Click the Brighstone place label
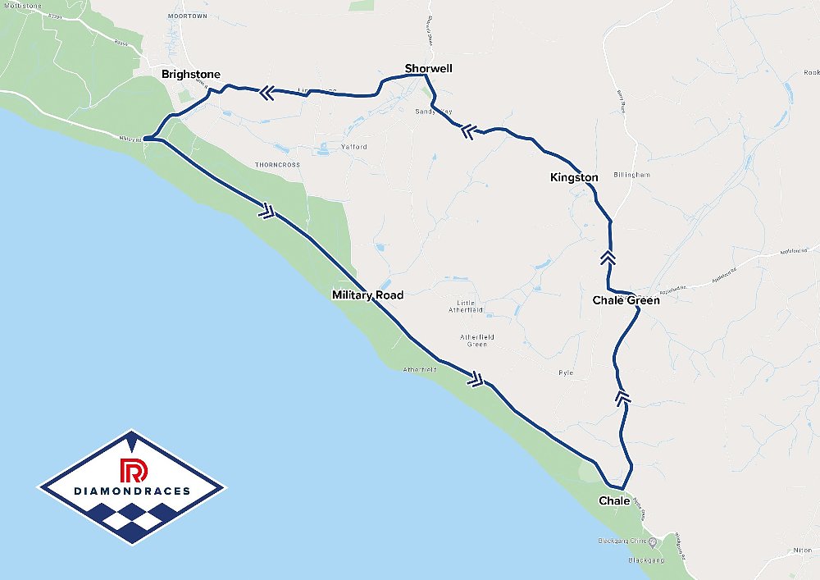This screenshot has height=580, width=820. pos(190,75)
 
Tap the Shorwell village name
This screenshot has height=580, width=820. pos(428,68)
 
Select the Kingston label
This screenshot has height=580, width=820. pos(574,177)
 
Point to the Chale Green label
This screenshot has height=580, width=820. pos(626,300)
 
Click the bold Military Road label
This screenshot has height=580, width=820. pos(367,295)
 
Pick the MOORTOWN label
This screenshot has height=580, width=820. pos(188,16)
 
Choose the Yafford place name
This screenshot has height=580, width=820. pos(354,147)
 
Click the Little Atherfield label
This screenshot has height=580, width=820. pos(466,306)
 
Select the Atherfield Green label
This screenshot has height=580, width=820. pos(476,340)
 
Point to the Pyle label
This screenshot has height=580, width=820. pos(565,372)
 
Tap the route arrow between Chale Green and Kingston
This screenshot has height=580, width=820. pos(608,258)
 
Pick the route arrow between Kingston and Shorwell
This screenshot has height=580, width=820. pos(468,130)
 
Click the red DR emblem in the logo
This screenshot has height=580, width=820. pos(131,470)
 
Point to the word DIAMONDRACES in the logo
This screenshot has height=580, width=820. pos(131,491)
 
